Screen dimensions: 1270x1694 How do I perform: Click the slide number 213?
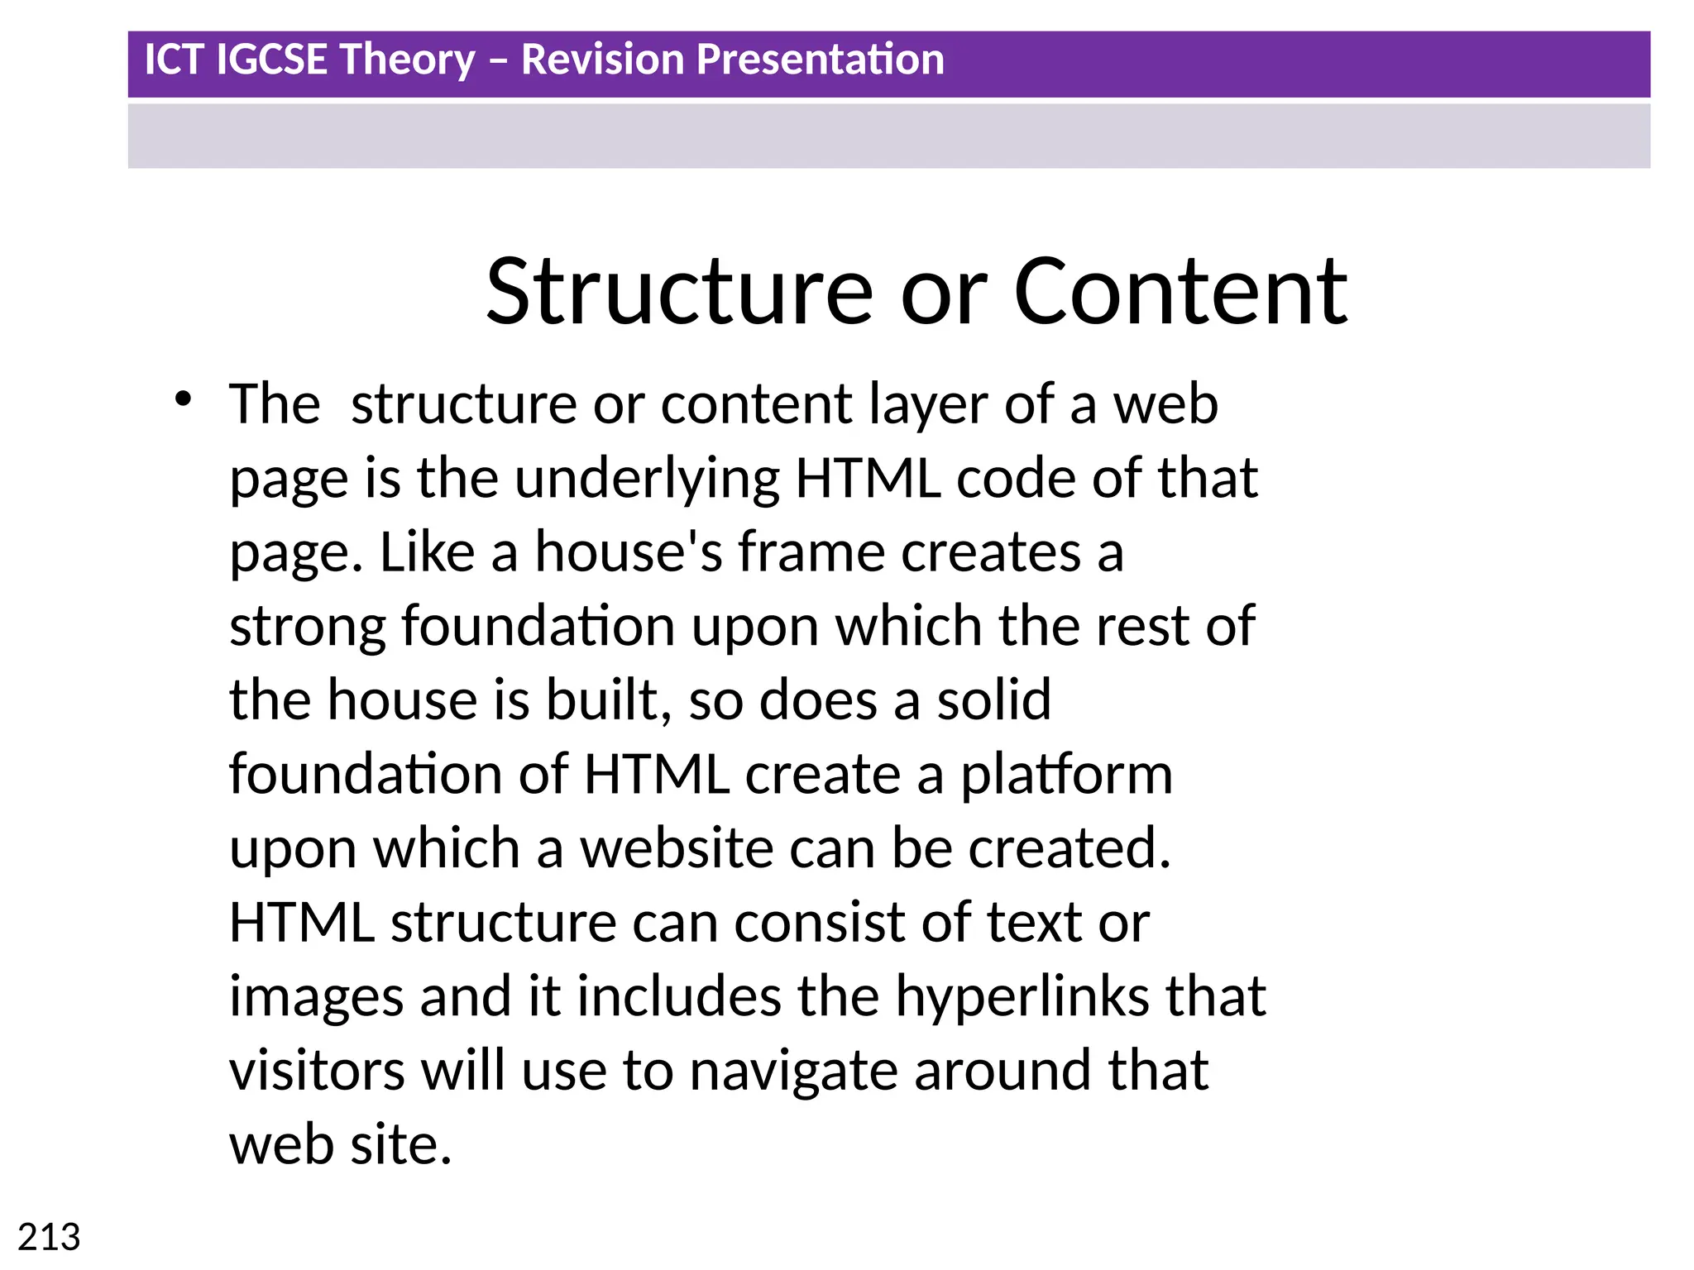[x=49, y=1238]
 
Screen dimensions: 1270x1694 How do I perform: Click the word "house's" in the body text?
[x=629, y=552]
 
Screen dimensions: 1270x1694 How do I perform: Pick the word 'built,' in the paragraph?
[x=609, y=700]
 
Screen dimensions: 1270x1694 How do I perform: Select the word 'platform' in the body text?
[x=1066, y=775]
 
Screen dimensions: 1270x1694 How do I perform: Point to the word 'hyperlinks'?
[x=1022, y=996]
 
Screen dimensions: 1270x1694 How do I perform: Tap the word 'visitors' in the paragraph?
[x=317, y=1071]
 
